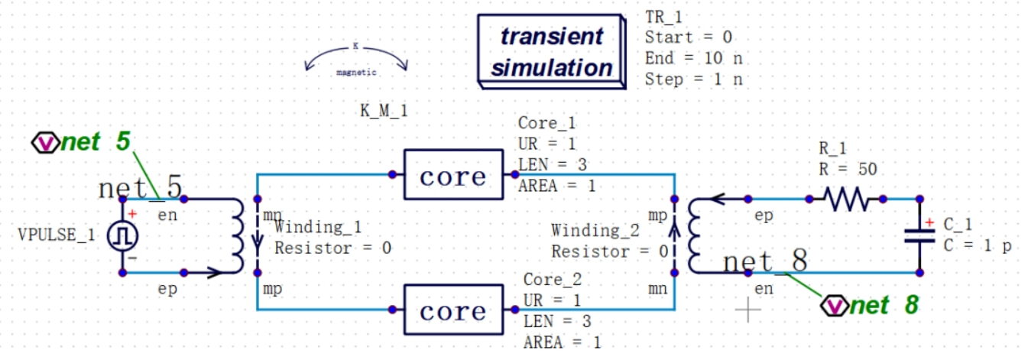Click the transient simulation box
click(550, 51)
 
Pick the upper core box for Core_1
click(453, 175)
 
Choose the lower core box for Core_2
click(453, 310)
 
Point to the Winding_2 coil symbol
click(694, 235)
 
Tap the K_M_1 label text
click(384, 111)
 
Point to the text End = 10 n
click(693, 58)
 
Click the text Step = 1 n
click(693, 79)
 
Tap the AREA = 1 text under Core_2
click(563, 342)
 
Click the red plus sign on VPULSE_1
click(132, 215)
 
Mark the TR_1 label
click(663, 17)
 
